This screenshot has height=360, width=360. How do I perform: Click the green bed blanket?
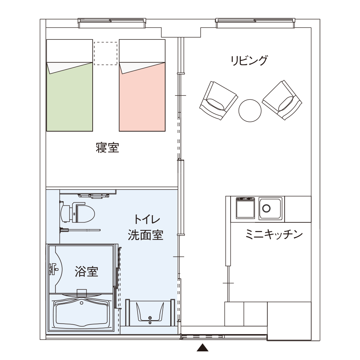pyautogui.click(x=70, y=99)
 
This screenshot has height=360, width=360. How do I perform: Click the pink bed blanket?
pyautogui.click(x=142, y=99)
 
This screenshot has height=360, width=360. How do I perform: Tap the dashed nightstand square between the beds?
pyautogui.click(x=106, y=53)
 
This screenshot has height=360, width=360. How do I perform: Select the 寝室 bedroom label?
pyautogui.click(x=108, y=148)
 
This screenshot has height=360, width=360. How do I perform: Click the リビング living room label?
pyautogui.click(x=249, y=60)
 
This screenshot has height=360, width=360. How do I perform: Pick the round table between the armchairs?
pyautogui.click(x=250, y=110)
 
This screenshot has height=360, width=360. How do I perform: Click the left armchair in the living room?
pyautogui.click(x=219, y=100)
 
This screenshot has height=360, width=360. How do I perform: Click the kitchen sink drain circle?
pyautogui.click(x=266, y=208)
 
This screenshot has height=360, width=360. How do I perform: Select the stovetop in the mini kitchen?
pyautogui.click(x=245, y=208)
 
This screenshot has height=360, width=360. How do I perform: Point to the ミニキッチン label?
pyautogui.click(x=274, y=234)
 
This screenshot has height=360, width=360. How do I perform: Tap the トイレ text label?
pyautogui.click(x=147, y=219)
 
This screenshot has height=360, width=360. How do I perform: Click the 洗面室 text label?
pyautogui.click(x=145, y=235)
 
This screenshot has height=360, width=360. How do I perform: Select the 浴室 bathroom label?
pyautogui.click(x=87, y=271)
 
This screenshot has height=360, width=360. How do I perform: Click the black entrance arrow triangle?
pyautogui.click(x=202, y=347)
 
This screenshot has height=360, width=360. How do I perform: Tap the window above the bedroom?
pyautogui.click(x=112, y=23)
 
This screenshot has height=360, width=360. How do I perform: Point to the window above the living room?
pyautogui.click(x=255, y=23)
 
